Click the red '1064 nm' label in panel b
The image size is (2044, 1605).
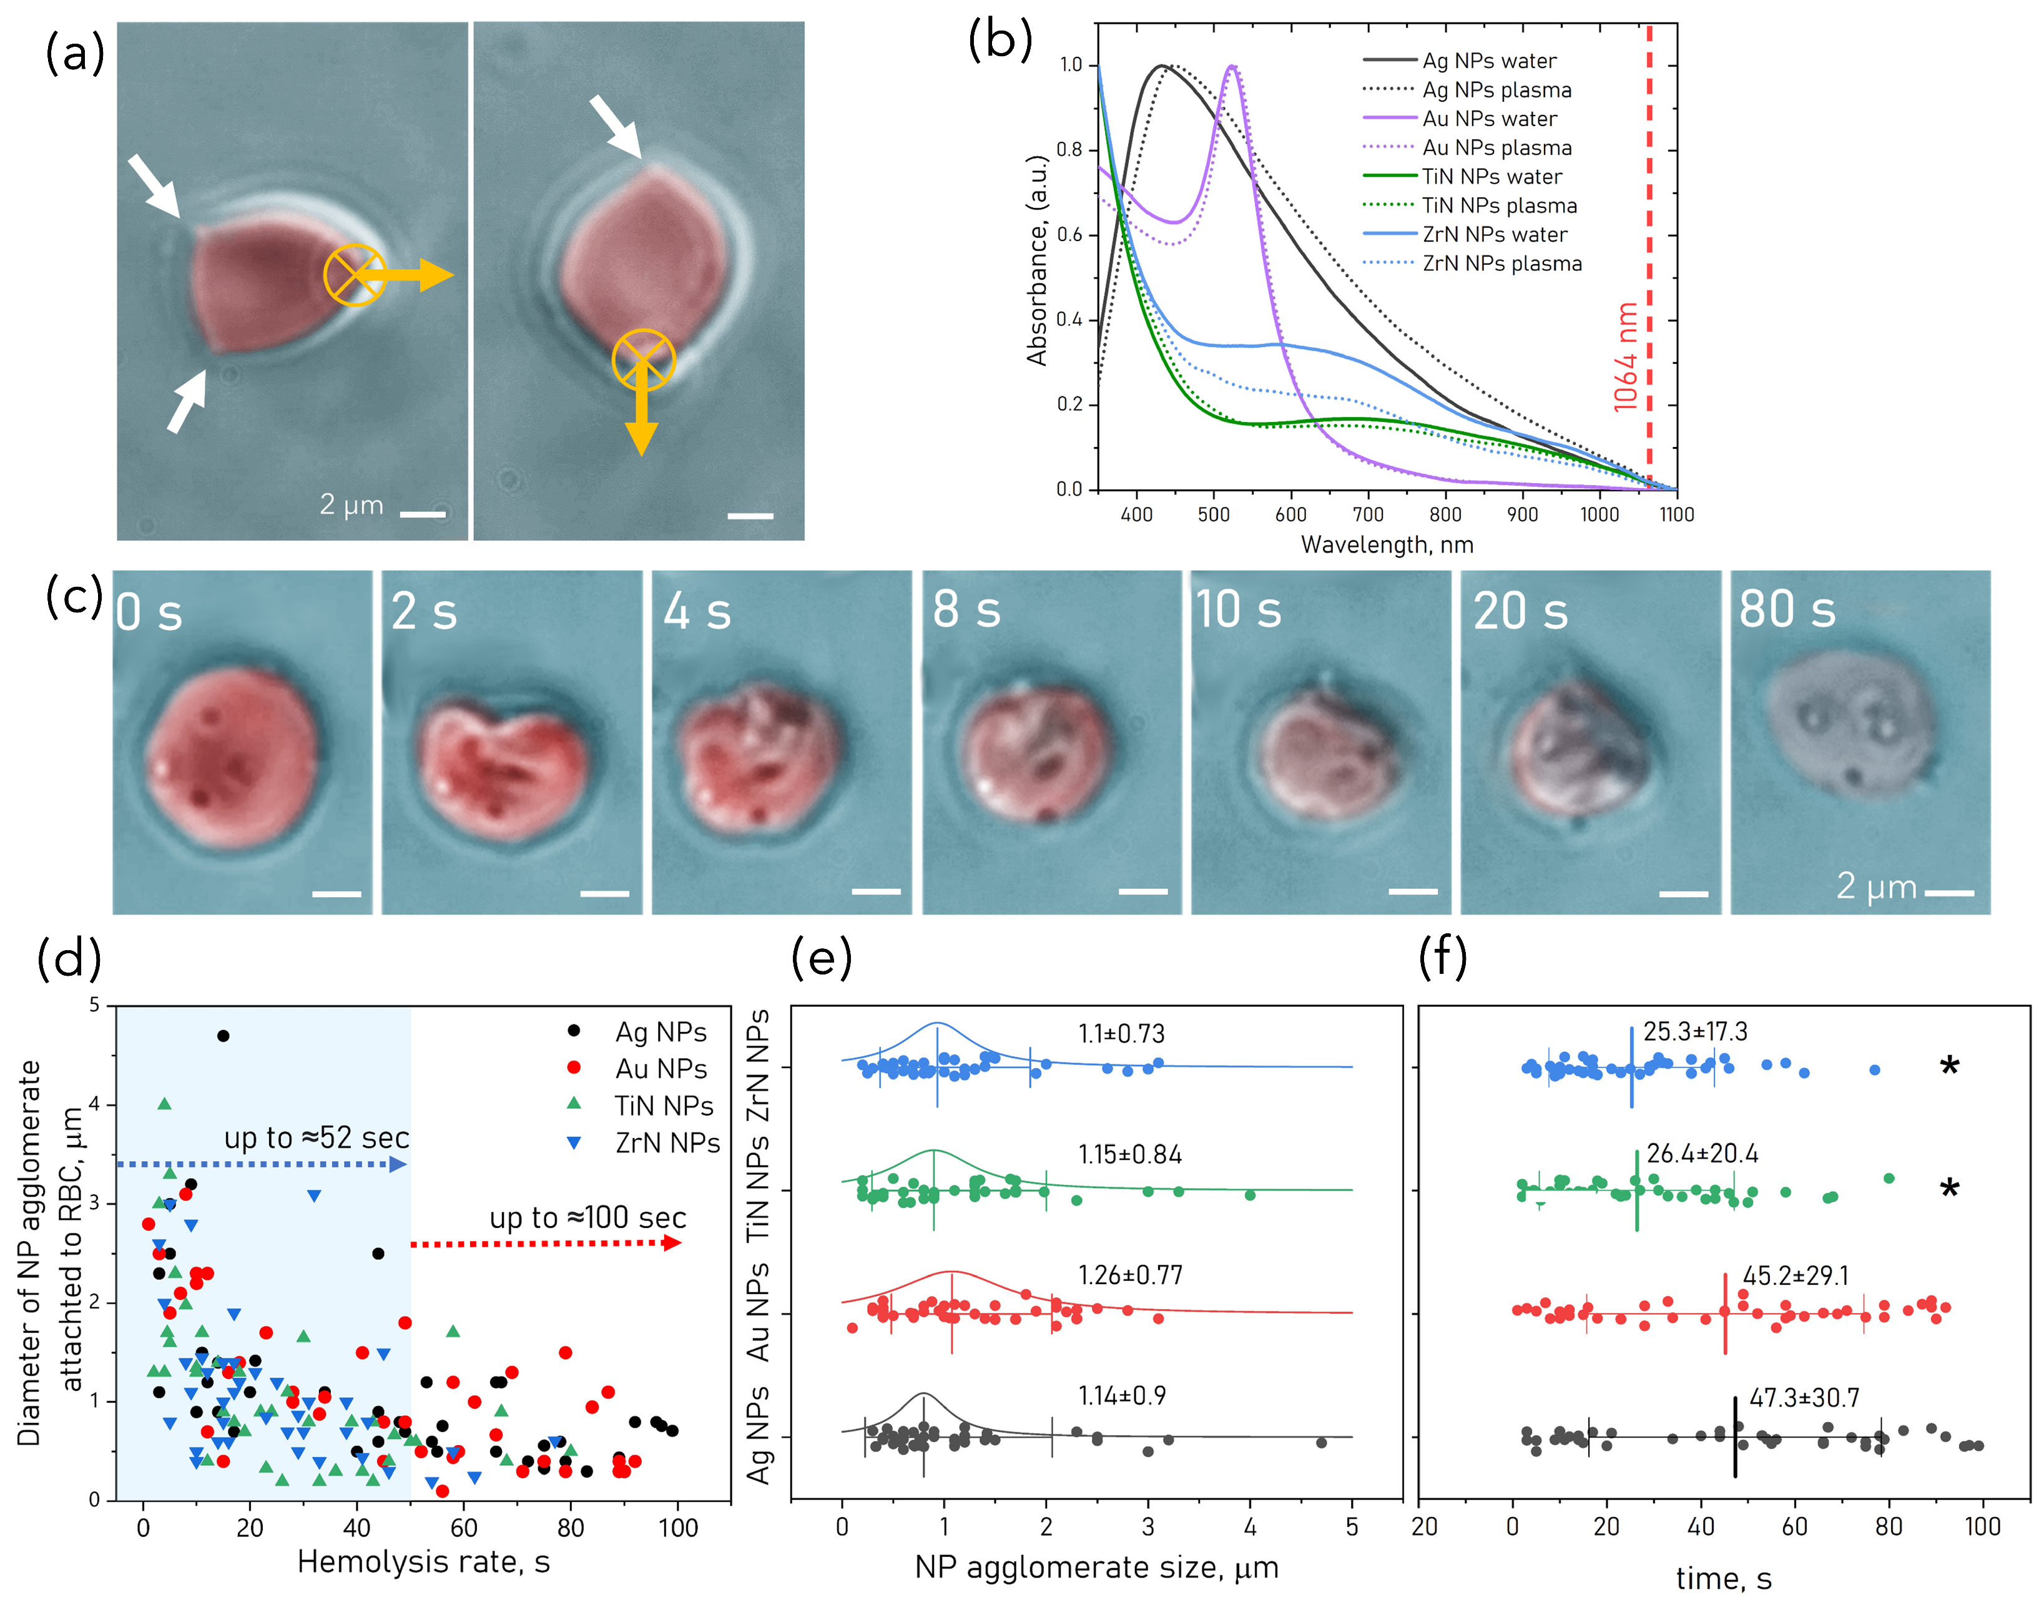pyautogui.click(x=1625, y=357)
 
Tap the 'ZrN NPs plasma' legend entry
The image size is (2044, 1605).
pyautogui.click(x=1501, y=263)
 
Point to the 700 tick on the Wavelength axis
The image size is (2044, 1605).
pyautogui.click(x=1367, y=514)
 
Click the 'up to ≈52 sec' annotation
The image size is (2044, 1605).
pyautogui.click(x=316, y=1138)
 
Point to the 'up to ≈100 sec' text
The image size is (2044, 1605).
pyautogui.click(x=587, y=1218)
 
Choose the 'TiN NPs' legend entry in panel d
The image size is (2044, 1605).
pyautogui.click(x=664, y=1106)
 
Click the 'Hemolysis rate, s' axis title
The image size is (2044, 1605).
pyautogui.click(x=423, y=1562)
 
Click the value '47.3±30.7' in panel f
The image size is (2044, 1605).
pyautogui.click(x=1804, y=1398)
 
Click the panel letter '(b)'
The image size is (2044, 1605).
pyautogui.click(x=1000, y=42)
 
